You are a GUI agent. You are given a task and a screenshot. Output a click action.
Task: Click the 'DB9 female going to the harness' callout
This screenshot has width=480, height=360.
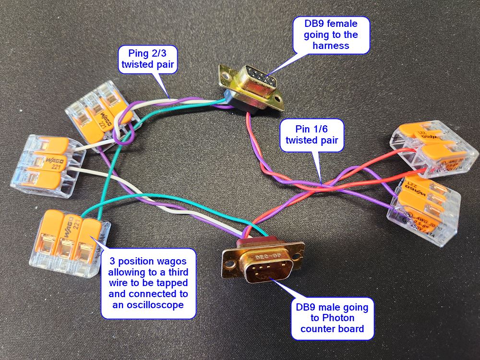click(331, 35)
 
